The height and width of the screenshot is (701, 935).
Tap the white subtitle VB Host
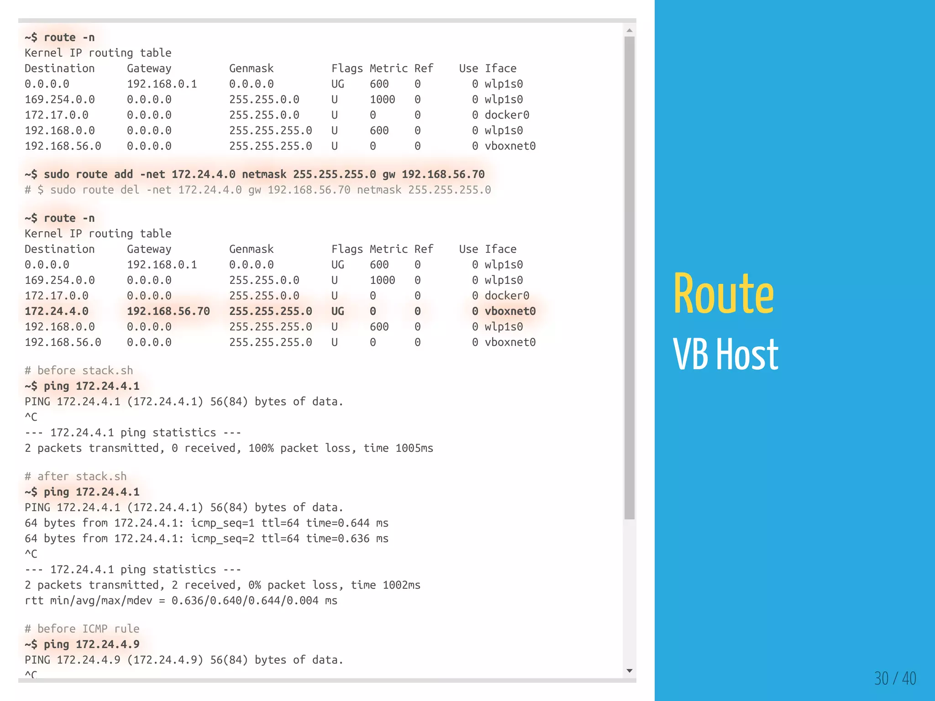point(725,355)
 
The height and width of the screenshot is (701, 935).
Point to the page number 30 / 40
point(895,678)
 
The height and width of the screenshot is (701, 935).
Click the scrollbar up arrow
point(630,31)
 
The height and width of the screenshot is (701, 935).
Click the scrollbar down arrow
point(630,670)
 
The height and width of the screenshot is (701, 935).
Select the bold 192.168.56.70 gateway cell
point(168,311)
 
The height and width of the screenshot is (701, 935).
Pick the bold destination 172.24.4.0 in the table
point(57,311)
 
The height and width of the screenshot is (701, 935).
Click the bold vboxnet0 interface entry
point(510,311)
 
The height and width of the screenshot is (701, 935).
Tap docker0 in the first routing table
point(507,115)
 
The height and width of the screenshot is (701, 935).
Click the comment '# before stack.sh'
point(79,371)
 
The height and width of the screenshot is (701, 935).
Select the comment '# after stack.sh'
point(76,476)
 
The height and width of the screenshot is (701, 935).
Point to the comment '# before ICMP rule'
point(82,629)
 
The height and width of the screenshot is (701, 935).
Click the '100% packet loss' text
point(299,448)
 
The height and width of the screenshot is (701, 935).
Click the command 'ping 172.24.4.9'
point(91,644)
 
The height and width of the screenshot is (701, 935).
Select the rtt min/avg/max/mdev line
point(181,601)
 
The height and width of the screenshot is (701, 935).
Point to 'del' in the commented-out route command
point(130,190)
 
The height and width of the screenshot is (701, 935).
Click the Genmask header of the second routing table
point(251,249)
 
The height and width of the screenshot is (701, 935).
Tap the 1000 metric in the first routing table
point(382,99)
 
